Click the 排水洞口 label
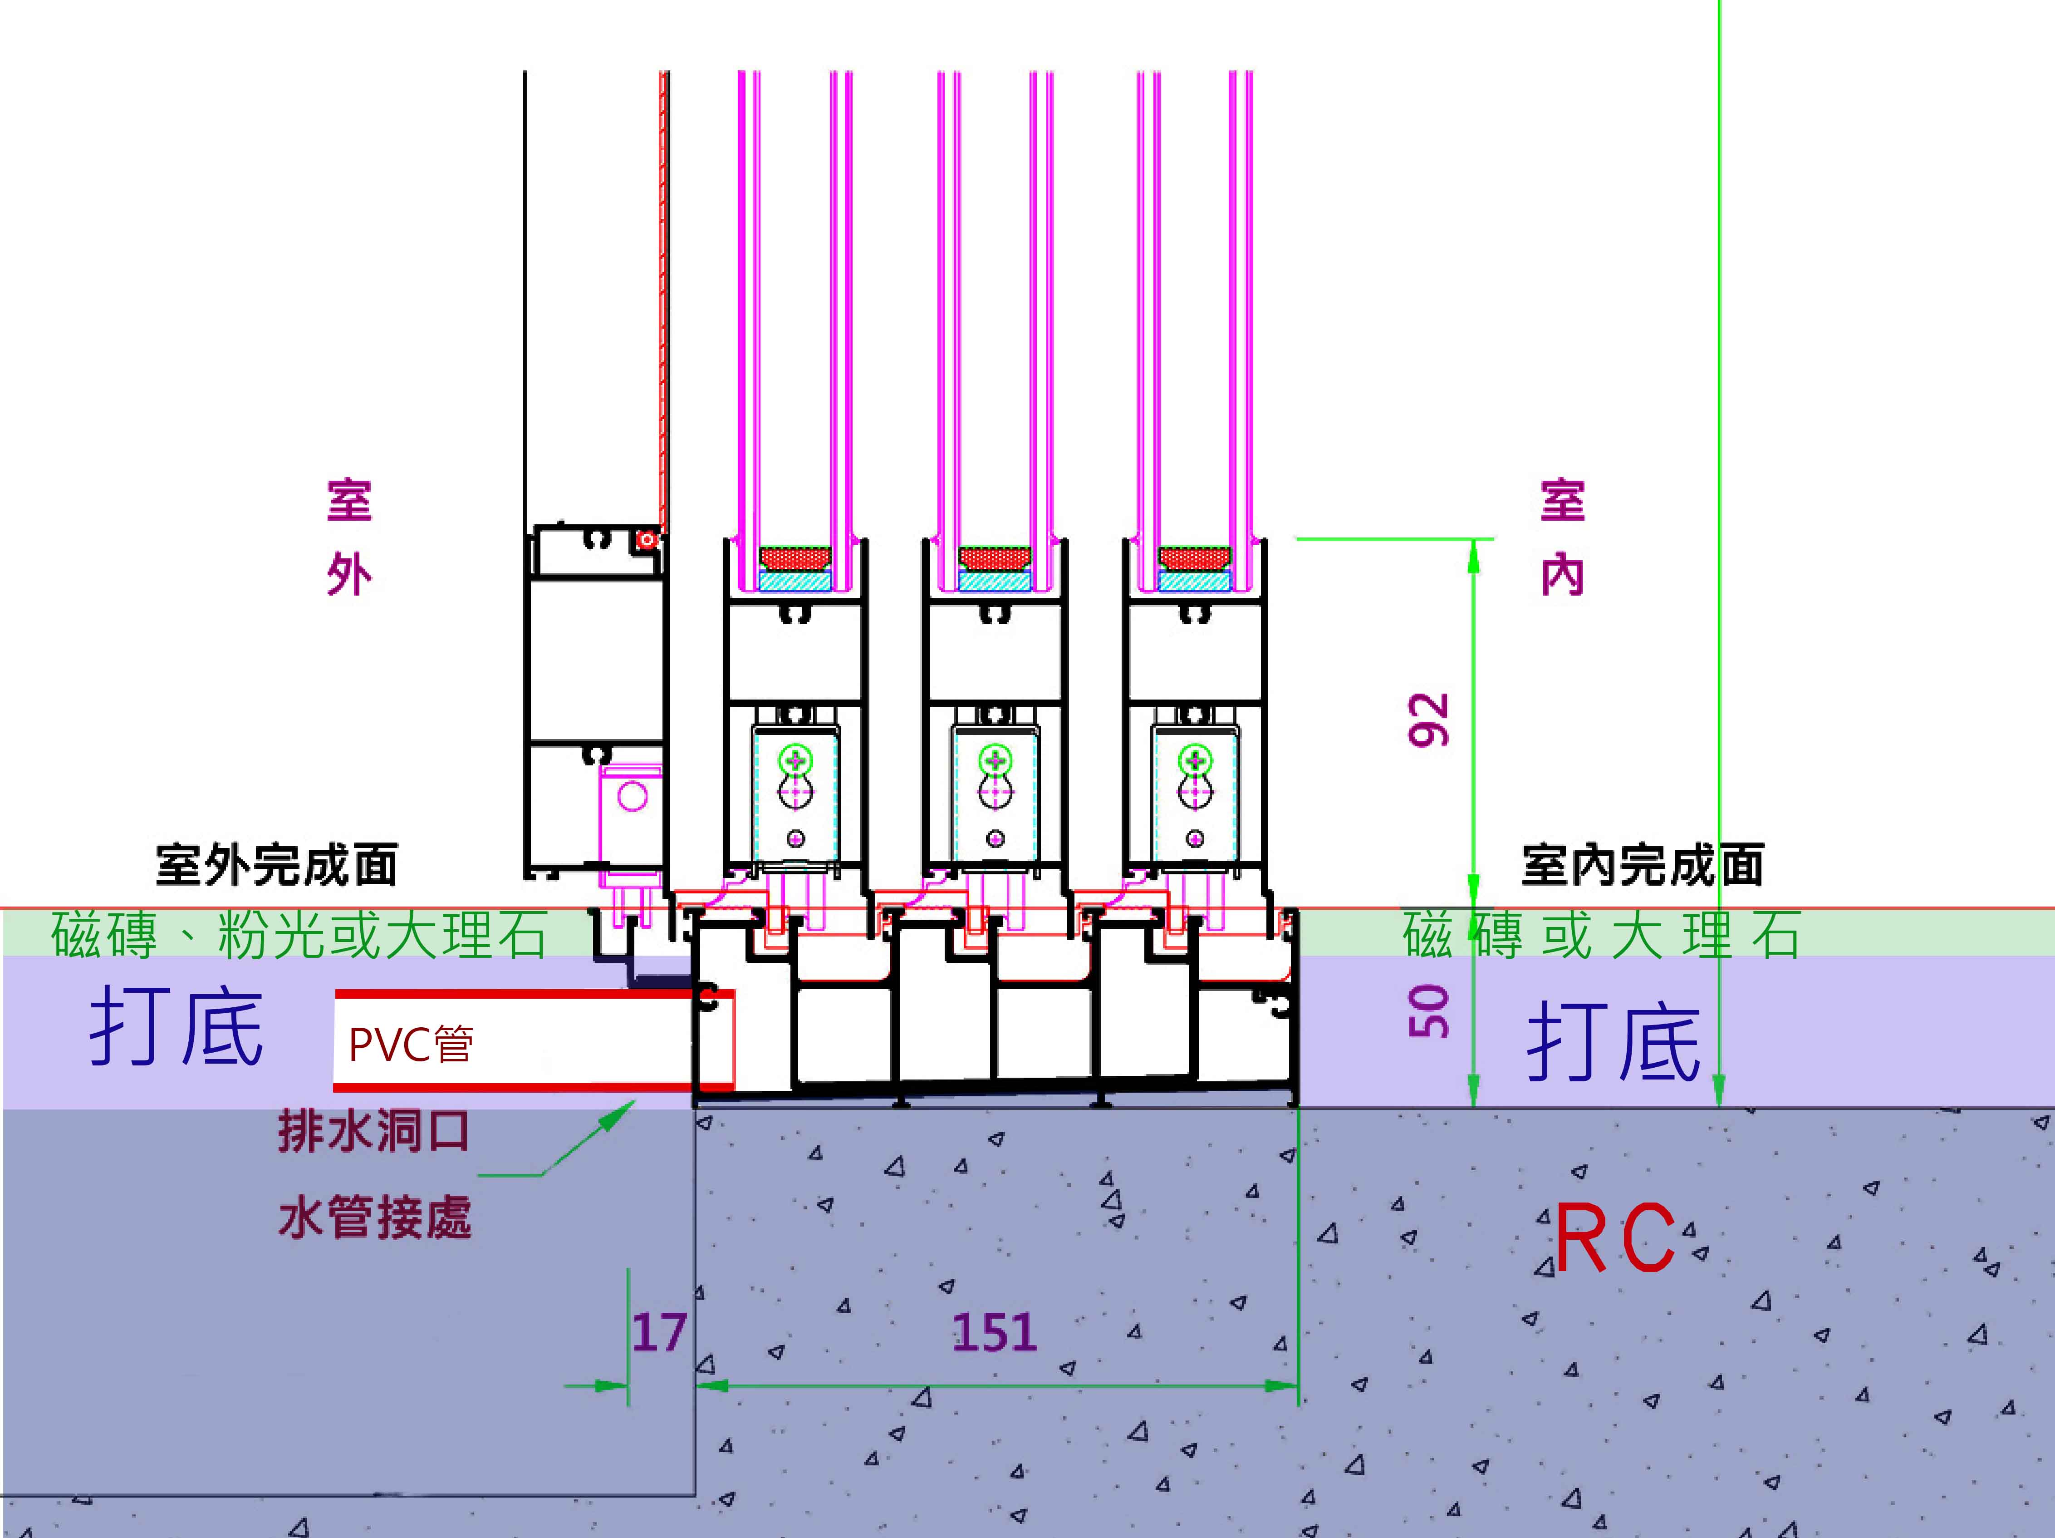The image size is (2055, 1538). (373, 1132)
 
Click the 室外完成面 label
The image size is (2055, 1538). (277, 865)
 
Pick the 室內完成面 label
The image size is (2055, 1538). (1643, 865)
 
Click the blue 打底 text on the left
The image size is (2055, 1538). (177, 1027)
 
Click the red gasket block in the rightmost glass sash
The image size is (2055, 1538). (1195, 558)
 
